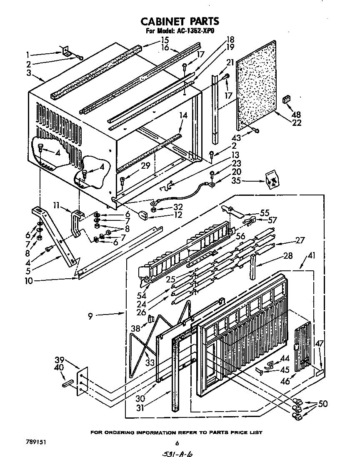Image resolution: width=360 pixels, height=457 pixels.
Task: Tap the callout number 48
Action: point(285,115)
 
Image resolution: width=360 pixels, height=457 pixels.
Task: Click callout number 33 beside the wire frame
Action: point(150,362)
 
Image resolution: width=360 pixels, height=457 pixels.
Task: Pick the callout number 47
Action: point(319,344)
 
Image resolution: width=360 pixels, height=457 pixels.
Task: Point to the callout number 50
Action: point(322,404)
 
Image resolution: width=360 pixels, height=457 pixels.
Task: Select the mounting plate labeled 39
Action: point(83,380)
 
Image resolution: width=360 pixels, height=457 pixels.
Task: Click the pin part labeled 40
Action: point(68,383)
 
